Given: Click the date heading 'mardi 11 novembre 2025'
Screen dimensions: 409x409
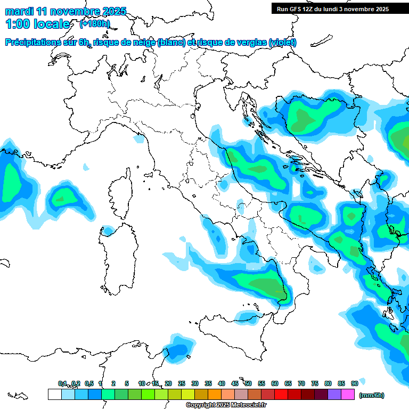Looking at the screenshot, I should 66,11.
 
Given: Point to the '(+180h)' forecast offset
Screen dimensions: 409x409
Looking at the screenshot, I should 95,24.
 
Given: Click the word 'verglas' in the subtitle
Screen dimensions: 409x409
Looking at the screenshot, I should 250,42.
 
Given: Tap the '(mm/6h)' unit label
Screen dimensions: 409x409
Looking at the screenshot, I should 371,395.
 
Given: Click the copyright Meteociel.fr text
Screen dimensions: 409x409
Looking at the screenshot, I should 226,405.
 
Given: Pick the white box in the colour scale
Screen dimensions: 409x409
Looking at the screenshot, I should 54,394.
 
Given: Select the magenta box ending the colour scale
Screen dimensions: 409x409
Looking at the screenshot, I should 348,394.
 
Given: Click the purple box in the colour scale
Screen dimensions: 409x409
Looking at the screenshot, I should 334,394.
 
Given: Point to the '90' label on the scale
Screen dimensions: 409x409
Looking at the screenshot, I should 355,383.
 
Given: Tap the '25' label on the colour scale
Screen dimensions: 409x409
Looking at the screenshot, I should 182,383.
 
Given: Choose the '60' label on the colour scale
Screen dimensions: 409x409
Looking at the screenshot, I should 275,383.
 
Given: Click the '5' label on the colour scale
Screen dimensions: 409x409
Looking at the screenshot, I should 127,383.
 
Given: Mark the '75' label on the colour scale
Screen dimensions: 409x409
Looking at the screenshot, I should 315,383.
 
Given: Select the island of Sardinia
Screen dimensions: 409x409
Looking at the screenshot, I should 117,261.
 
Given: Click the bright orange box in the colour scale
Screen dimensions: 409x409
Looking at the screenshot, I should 215,394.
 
